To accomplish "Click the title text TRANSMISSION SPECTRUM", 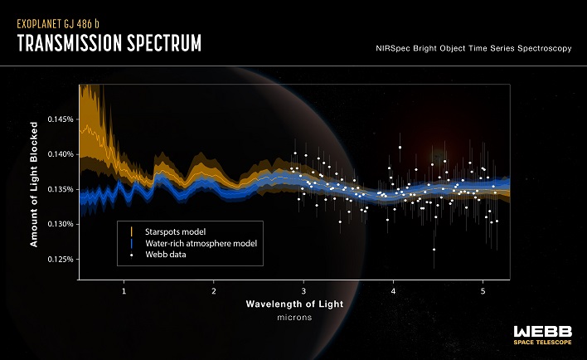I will [109, 43].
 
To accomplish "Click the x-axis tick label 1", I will [124, 292].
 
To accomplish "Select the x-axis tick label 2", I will [214, 292].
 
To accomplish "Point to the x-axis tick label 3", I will [304, 292].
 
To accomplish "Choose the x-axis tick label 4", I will [394, 292].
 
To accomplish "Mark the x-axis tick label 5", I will [483, 292].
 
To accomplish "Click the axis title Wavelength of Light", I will [294, 304].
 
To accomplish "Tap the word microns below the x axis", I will [294, 318].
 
